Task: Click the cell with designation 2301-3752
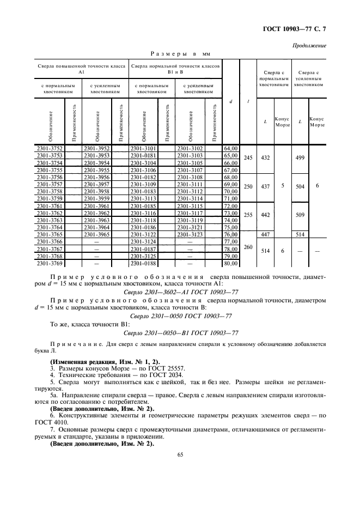pyautogui.click(x=49, y=148)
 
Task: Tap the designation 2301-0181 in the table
pyautogui.click(x=143, y=155)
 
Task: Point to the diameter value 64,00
pyautogui.click(x=231, y=148)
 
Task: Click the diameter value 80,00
pyautogui.click(x=231, y=263)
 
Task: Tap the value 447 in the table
pyautogui.click(x=266, y=234)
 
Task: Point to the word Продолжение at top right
pyautogui.click(x=309, y=45)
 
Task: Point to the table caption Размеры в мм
pyautogui.click(x=180, y=54)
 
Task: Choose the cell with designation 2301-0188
pyautogui.click(x=143, y=263)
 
